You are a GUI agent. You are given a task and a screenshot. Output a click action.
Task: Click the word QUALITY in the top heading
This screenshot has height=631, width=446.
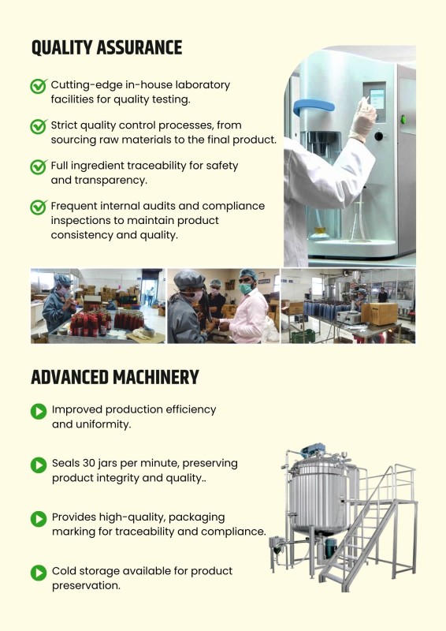[x=61, y=47]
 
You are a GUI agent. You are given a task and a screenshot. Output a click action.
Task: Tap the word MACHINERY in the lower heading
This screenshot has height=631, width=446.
[x=156, y=378]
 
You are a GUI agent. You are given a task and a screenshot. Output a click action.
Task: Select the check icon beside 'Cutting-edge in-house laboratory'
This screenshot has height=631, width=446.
[x=39, y=86]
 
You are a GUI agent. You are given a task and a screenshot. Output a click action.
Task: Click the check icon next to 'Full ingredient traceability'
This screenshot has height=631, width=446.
[x=39, y=166]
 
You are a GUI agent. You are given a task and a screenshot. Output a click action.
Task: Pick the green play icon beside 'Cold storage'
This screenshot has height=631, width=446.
[x=39, y=573]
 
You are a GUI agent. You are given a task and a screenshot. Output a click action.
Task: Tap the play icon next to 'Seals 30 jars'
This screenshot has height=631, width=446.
[x=39, y=465]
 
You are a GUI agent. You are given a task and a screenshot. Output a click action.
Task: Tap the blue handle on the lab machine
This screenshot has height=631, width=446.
[x=314, y=107]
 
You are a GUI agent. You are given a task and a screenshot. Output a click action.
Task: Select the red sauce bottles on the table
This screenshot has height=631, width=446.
[x=107, y=323]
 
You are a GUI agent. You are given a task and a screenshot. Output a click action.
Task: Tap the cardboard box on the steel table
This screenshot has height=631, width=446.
[x=379, y=314]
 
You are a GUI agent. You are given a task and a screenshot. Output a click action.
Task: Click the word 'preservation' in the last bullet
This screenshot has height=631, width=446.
[x=86, y=586]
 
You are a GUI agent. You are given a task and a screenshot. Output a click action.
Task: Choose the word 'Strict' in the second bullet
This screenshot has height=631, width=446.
[x=64, y=125]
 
